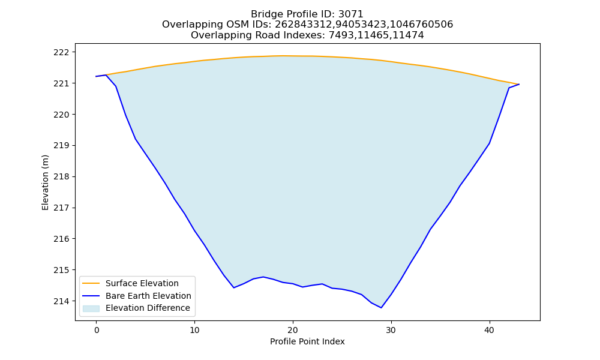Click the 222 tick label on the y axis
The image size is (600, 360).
61,52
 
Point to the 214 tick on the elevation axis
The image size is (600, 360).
61,301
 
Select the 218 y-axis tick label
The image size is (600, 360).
61,177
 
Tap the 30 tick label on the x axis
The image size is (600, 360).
391,330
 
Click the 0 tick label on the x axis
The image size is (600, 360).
97,330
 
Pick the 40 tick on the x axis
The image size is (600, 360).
490,330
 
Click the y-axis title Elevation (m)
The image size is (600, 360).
45,182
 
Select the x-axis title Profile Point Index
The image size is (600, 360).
307,341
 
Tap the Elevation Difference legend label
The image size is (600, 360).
148,308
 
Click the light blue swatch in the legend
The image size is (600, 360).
91,308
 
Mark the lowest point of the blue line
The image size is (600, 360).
381,308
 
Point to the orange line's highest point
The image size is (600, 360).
283,56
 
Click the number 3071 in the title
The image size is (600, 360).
351,14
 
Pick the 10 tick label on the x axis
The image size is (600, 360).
194,330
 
